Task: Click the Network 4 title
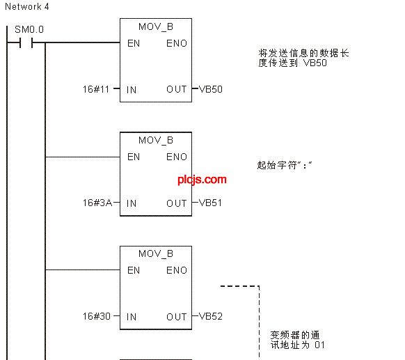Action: click(x=27, y=7)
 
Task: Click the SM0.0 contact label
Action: click(x=29, y=29)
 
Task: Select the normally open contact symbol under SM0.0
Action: click(x=26, y=42)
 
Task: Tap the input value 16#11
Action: click(x=96, y=89)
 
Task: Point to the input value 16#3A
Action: click(x=97, y=203)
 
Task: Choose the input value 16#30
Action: click(x=97, y=316)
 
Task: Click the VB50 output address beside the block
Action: click(x=211, y=89)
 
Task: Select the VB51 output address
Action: click(x=211, y=203)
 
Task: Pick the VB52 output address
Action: click(x=211, y=316)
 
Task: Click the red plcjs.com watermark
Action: click(x=202, y=180)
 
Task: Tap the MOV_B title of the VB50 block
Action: click(x=156, y=26)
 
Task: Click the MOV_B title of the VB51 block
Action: click(x=156, y=141)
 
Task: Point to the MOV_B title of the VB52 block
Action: click(x=156, y=253)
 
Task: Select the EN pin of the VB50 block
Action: click(x=134, y=43)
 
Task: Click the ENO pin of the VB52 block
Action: click(x=177, y=270)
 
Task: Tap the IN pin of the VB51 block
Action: click(x=132, y=203)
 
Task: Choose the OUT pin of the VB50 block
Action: click(x=177, y=89)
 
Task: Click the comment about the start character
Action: click(x=285, y=165)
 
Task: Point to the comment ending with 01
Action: click(x=297, y=340)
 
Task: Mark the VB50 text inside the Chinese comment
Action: click(x=315, y=63)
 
